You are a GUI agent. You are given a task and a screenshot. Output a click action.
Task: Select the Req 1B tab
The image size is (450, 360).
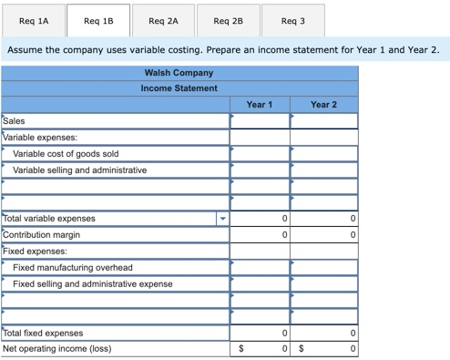pyautogui.click(x=98, y=19)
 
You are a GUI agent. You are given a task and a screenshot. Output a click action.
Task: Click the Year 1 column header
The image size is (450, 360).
pyautogui.click(x=260, y=105)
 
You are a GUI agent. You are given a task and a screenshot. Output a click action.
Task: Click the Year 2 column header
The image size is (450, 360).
pyautogui.click(x=323, y=105)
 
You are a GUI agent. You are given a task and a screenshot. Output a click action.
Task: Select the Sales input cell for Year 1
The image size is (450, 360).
pyautogui.click(x=260, y=121)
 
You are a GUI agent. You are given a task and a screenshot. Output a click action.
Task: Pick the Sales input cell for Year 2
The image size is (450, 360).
pyautogui.click(x=324, y=121)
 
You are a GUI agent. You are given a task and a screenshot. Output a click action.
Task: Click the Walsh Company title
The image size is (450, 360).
pyautogui.click(x=179, y=73)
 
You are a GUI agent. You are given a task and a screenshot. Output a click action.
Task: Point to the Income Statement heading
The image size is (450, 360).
pyautogui.click(x=179, y=88)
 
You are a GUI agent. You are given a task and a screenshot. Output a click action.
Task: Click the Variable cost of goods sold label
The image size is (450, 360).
pyautogui.click(x=66, y=154)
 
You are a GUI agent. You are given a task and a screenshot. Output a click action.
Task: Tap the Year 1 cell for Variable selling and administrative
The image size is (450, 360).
pyautogui.click(x=260, y=170)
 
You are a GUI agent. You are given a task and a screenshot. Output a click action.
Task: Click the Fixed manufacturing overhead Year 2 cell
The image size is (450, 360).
pyautogui.click(x=324, y=268)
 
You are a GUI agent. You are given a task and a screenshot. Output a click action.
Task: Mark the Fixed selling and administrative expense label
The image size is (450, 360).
pyautogui.click(x=92, y=284)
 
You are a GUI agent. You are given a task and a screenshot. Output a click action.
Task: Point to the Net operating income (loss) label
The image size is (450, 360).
pyautogui.click(x=56, y=349)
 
